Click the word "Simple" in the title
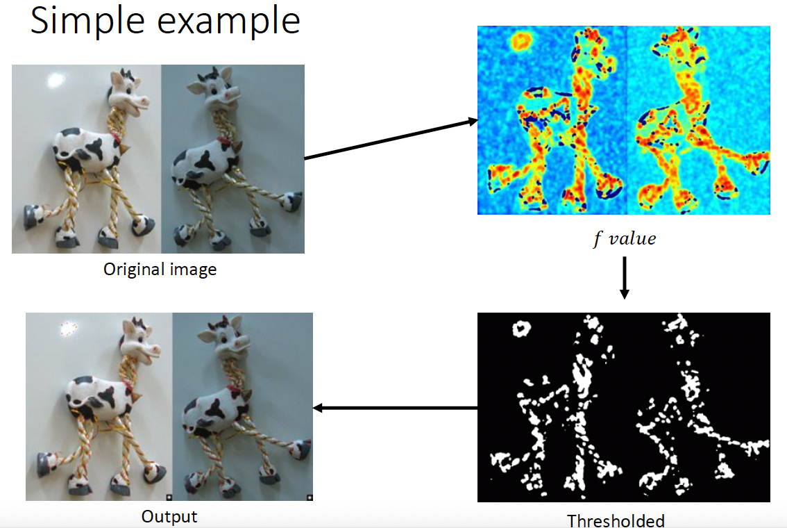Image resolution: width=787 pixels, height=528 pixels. pos(87,21)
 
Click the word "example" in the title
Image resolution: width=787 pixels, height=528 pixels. pos(229,21)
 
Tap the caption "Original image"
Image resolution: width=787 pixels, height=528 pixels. pos(160,270)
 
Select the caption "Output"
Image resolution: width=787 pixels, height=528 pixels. pos(169,516)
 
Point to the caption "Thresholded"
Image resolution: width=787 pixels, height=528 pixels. pos(616,520)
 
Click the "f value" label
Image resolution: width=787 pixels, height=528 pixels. pos(625,238)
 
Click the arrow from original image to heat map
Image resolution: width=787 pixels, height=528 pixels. pos(391,139)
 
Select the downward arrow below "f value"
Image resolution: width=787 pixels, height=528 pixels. pos(625,278)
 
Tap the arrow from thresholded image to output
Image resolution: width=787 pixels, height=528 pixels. pos(395,407)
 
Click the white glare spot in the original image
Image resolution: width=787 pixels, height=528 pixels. pos(56,80)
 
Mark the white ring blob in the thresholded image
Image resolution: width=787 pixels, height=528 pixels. pos(522,329)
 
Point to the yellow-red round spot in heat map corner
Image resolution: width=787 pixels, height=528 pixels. pos(522,41)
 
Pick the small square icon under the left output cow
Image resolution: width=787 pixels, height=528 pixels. pos(169,497)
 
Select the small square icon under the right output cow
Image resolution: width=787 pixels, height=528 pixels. pos(310,497)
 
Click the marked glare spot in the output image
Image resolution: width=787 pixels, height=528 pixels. pos(69,329)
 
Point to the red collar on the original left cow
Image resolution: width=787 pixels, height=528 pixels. pos(117,137)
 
